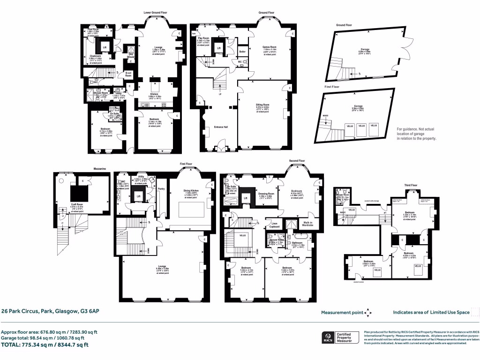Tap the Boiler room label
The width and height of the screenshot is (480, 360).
[242, 52]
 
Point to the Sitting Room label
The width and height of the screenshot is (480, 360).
[262, 105]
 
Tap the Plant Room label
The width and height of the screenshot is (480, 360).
[93, 30]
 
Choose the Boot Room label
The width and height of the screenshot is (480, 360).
[128, 74]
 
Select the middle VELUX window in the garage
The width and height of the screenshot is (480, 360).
[361, 126]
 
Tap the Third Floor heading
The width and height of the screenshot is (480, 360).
[411, 185]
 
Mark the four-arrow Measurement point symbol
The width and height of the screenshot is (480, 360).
[369, 312]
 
